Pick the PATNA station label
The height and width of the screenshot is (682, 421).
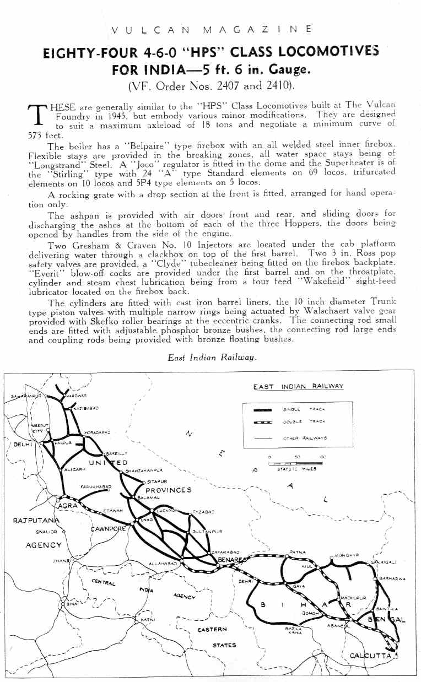[x=297, y=551]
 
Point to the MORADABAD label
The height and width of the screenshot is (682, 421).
[x=98, y=432]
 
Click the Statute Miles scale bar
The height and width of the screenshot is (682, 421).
[x=298, y=463]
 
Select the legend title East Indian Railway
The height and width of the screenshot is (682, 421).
[x=298, y=386]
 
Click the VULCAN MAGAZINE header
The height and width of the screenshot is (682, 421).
[x=210, y=29]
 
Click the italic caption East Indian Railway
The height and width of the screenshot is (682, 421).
[x=212, y=358]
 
